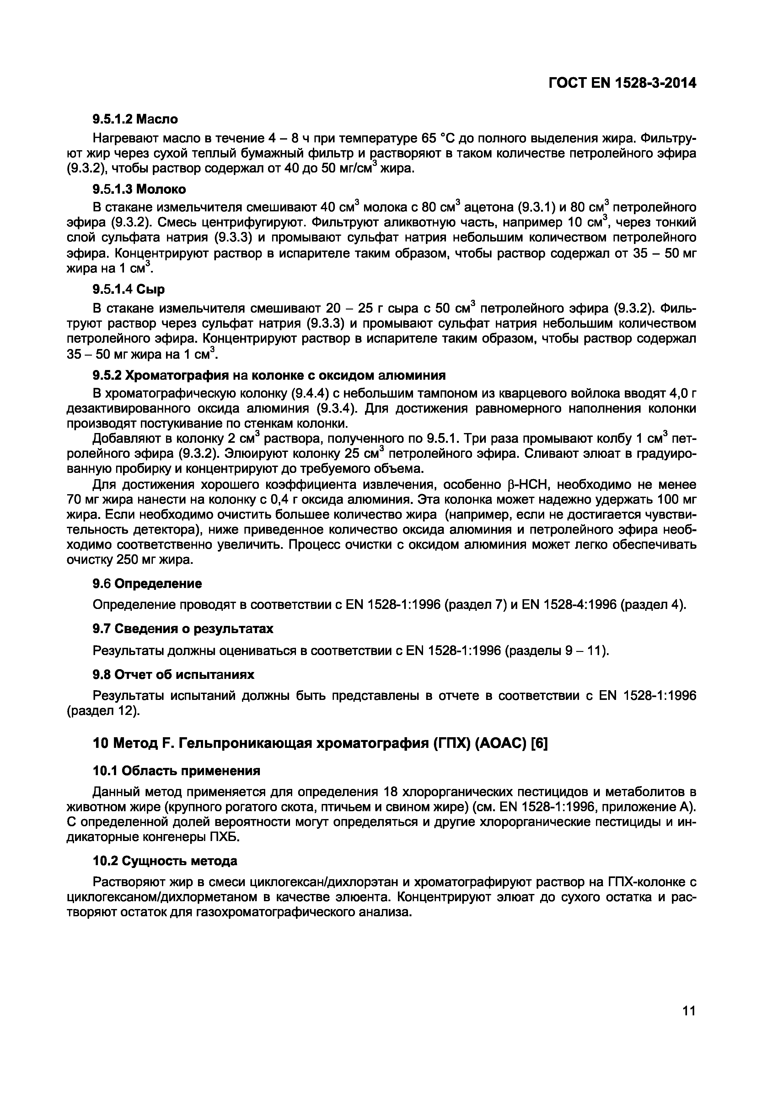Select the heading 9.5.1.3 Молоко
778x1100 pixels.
tap(139, 189)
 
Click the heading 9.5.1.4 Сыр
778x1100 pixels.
tap(128, 289)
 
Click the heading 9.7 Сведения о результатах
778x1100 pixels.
tap(183, 629)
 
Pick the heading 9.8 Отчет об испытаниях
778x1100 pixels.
tap(173, 674)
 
